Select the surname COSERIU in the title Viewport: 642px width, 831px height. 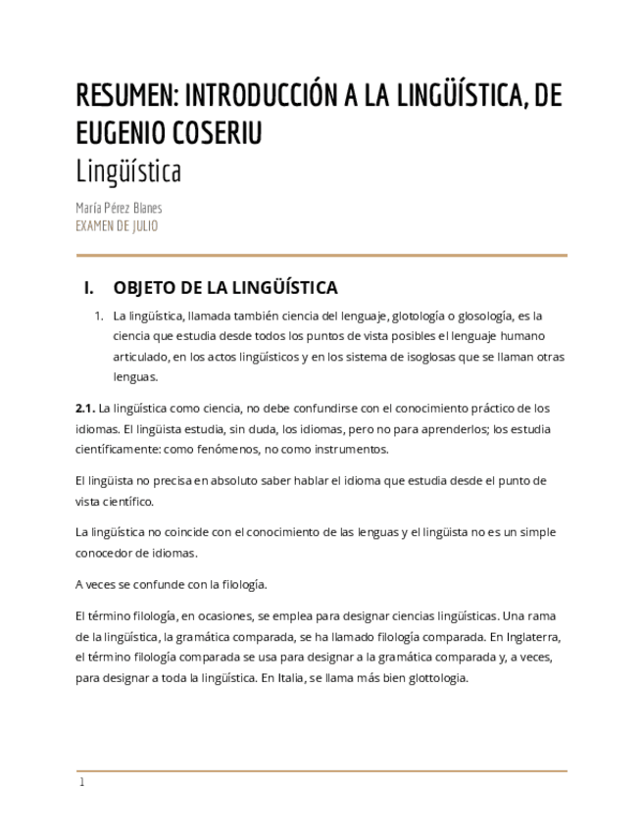pos(219,132)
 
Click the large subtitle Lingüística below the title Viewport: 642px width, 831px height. pos(128,171)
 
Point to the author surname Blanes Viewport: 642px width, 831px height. pos(145,208)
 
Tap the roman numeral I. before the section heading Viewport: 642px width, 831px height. pos(89,288)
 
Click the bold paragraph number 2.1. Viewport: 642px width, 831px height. pos(84,408)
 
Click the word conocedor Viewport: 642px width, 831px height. pos(104,553)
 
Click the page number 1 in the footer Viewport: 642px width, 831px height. pos(82,782)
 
